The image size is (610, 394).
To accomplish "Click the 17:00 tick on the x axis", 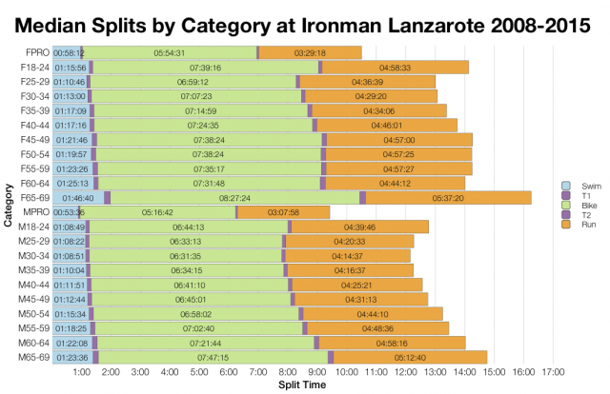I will coord(552,372).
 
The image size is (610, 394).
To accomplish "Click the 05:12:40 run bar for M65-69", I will coord(410,357).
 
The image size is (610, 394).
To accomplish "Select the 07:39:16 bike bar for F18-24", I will coord(206,68).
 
